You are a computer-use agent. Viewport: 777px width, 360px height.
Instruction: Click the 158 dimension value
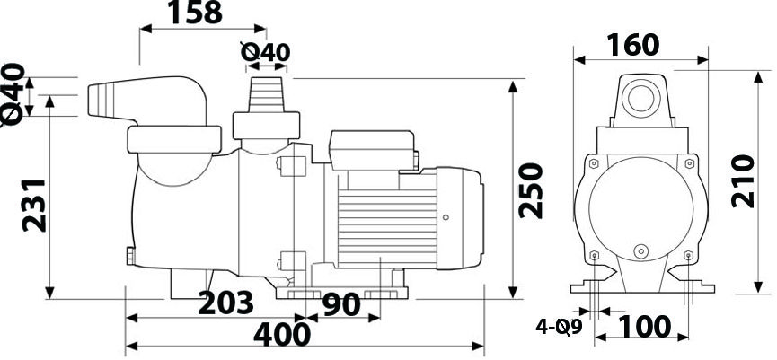[195, 13]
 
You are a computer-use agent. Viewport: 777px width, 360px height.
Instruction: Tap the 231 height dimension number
[34, 206]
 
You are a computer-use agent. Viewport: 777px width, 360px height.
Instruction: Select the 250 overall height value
[531, 190]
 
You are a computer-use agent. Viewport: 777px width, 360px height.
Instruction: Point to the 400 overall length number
[281, 335]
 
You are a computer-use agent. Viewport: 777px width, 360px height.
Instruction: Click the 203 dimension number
[225, 303]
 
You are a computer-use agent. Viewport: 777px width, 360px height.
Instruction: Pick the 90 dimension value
[341, 305]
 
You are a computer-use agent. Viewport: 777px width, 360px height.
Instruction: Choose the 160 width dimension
[633, 45]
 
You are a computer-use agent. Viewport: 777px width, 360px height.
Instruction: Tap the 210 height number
[743, 181]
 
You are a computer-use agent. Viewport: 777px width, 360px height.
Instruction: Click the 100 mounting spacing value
[644, 327]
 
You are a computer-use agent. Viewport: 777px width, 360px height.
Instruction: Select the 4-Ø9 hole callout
[559, 328]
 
